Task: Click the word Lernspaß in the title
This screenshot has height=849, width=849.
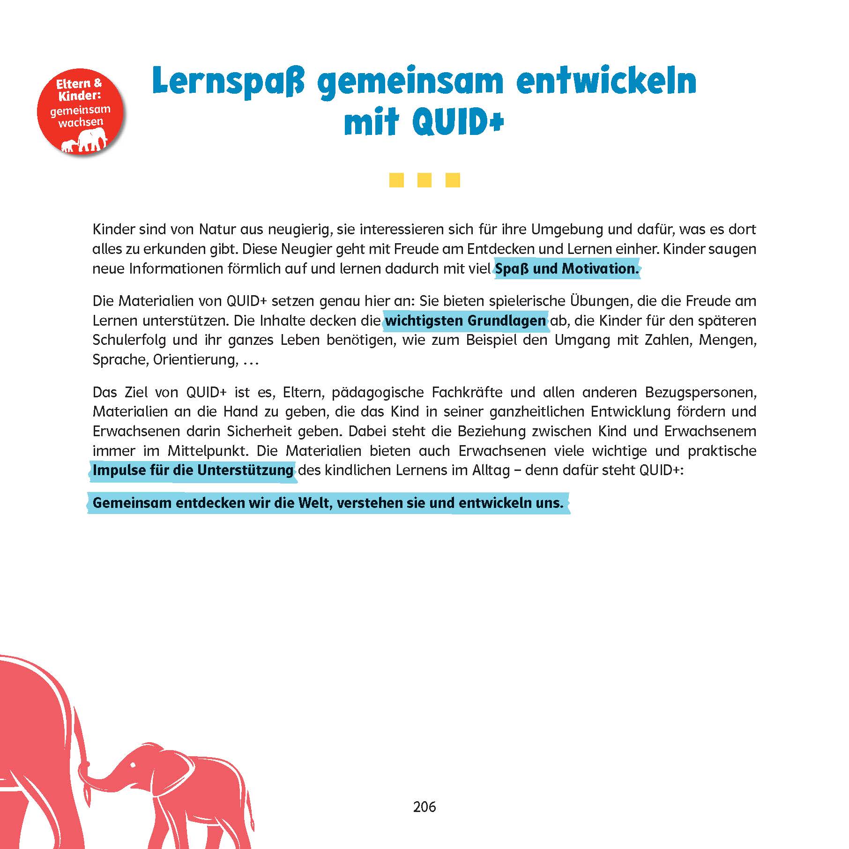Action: click(228, 82)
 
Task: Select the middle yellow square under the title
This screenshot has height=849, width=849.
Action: click(424, 180)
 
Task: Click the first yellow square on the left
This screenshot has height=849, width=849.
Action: click(396, 180)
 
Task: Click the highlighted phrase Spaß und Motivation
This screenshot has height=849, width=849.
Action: click(566, 269)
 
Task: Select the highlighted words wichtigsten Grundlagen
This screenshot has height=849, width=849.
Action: click(465, 321)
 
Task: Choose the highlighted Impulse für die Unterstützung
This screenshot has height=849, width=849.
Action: click(193, 470)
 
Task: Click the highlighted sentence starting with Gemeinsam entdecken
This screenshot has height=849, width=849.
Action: click(328, 503)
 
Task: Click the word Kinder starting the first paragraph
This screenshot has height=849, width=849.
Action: click(113, 230)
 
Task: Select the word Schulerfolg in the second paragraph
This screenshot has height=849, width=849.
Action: click(129, 340)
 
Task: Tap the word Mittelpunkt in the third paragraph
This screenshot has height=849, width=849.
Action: click(208, 451)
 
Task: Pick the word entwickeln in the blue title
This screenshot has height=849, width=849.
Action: click(606, 82)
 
